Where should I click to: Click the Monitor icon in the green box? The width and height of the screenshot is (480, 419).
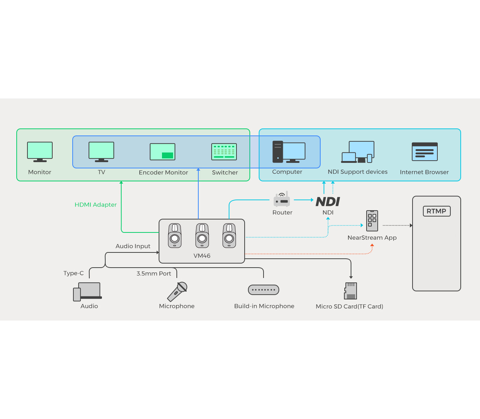tap(40, 152)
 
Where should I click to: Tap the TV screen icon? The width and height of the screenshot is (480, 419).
tap(101, 152)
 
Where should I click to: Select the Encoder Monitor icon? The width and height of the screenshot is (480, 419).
tap(162, 152)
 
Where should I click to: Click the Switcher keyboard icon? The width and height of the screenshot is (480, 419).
tap(224, 152)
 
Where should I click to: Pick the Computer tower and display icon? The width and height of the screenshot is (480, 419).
tap(288, 152)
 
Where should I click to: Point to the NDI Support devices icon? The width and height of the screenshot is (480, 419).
tap(358, 152)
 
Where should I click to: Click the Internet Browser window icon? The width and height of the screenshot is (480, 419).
tap(424, 152)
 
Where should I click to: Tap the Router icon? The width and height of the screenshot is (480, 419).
tap(282, 200)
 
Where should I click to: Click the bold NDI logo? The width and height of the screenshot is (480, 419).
tap(328, 202)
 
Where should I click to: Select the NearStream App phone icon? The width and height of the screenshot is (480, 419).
tap(372, 221)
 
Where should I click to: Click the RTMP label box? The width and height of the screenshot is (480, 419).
tap(436, 211)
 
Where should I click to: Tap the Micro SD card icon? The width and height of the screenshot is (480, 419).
tap(351, 291)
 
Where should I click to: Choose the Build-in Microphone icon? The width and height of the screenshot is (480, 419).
tap(264, 290)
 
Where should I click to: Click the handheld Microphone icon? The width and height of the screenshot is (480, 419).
tap(177, 291)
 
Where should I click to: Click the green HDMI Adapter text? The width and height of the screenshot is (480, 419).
tap(96, 205)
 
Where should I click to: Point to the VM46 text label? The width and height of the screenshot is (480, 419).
tap(202, 256)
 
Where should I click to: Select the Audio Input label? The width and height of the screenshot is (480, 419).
tap(133, 246)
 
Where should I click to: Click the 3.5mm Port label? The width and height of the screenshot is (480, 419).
tap(154, 274)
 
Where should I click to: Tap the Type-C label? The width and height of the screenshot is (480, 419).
tap(73, 273)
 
